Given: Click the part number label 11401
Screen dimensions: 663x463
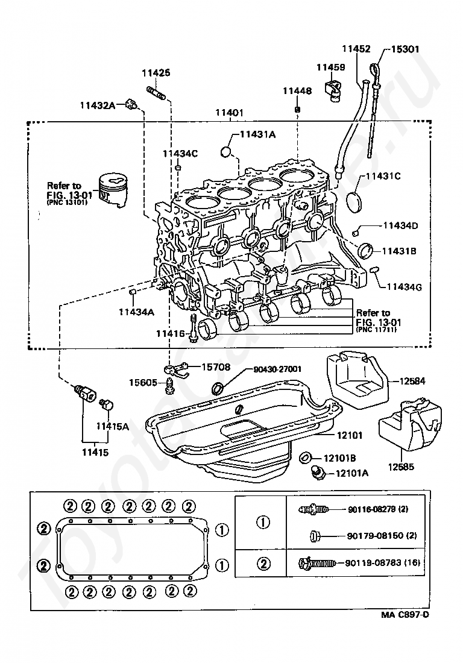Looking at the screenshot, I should click(x=230, y=113).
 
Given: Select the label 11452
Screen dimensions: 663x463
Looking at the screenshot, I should click(x=356, y=49).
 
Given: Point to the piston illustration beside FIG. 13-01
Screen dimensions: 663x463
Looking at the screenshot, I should click(x=114, y=190).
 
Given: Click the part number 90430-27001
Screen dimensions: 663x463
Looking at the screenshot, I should click(x=277, y=369).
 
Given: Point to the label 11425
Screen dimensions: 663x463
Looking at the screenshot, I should click(x=156, y=73).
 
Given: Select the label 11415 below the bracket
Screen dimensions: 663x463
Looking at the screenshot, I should click(x=95, y=451).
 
